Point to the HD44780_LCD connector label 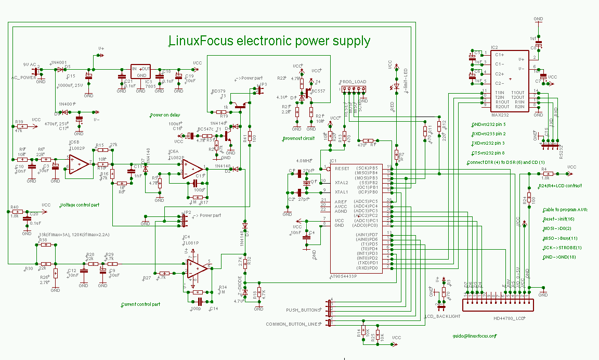tap(509, 318)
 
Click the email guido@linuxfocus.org tap(474, 336)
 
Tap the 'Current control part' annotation tap(140, 304)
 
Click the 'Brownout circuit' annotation tap(298, 139)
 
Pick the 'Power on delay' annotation tap(165, 115)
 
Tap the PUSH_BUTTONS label tap(302, 310)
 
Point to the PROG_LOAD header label tap(354, 82)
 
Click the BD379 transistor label tap(218, 91)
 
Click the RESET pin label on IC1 tap(342, 169)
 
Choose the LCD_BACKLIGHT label tap(442, 316)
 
